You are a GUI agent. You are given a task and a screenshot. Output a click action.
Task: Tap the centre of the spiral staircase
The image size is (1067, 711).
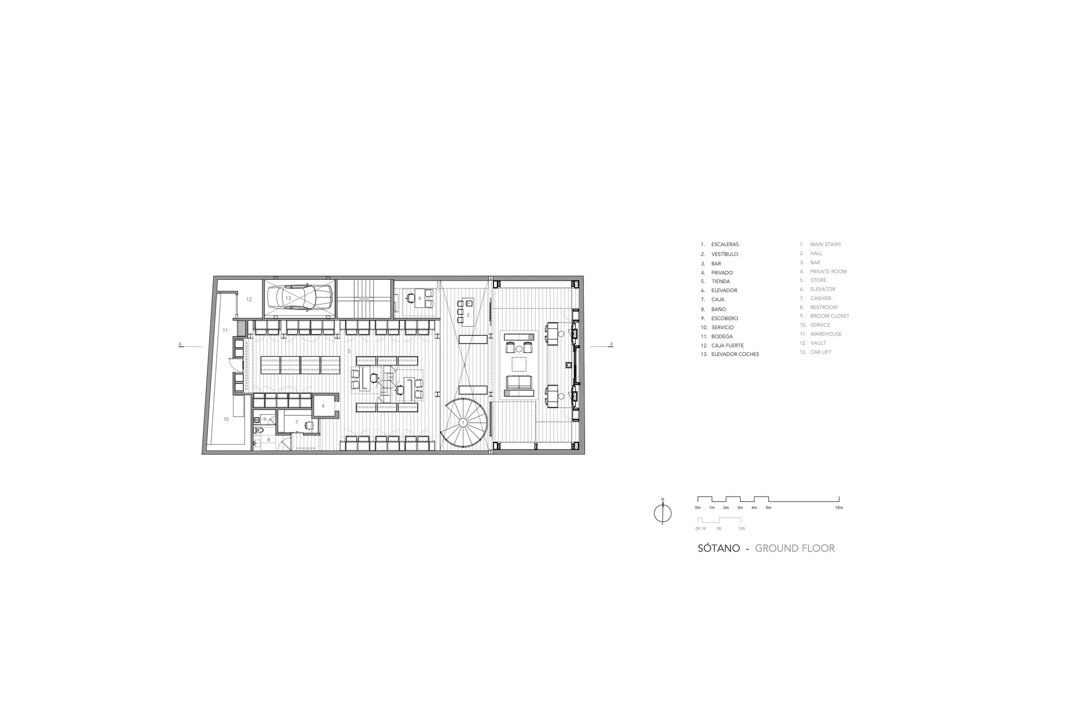[463, 423]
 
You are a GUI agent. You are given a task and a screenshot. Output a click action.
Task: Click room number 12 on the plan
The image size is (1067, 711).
[248, 299]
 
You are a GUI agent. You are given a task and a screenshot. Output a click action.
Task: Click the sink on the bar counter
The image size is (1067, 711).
[469, 302]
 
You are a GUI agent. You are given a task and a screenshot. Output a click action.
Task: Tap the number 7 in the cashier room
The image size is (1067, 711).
[297, 422]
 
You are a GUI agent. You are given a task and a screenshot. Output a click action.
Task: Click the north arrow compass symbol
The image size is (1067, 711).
[662, 512]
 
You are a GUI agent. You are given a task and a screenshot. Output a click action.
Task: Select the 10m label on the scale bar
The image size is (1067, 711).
[839, 508]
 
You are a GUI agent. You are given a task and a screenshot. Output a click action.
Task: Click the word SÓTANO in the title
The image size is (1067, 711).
[719, 548]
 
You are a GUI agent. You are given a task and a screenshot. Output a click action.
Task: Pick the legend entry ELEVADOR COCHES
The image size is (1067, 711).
[735, 354]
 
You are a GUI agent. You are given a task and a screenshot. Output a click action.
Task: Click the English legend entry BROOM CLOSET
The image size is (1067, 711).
[830, 316]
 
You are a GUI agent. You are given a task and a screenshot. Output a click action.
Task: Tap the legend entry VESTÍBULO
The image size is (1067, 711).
[724, 254]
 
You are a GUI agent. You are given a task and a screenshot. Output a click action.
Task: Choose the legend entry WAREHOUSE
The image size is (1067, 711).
[826, 334]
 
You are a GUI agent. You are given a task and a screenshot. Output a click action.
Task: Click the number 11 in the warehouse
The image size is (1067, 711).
[225, 331]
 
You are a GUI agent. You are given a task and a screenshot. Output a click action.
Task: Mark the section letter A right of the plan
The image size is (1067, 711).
[611, 344]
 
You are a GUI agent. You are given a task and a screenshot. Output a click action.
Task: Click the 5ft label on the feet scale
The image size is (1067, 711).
[719, 529]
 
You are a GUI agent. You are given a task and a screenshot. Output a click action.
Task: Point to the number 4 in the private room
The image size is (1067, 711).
[420, 299]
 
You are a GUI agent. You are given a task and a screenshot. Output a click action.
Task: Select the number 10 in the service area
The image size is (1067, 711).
[226, 419]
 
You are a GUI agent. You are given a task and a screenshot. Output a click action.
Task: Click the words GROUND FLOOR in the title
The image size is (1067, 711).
[795, 548]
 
